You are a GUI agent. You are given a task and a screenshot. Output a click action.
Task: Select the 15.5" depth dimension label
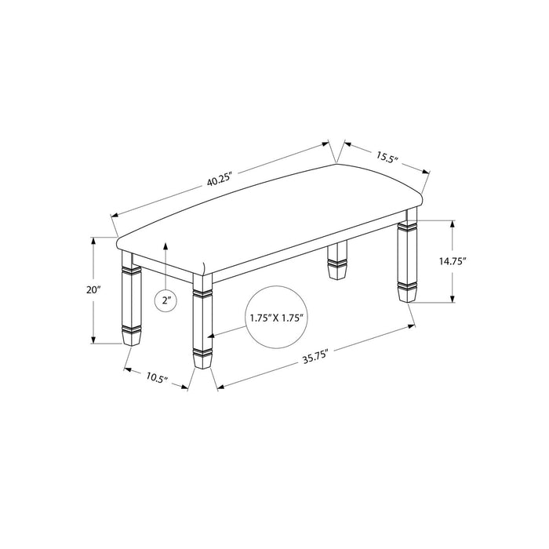click(x=387, y=158)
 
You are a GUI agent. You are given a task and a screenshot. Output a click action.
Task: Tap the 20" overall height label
click(x=94, y=289)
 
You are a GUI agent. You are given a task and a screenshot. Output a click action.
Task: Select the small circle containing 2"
click(x=165, y=299)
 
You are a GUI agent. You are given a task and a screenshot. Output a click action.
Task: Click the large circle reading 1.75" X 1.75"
click(x=277, y=318)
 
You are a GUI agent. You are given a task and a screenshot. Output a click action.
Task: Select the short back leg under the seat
click(x=337, y=261)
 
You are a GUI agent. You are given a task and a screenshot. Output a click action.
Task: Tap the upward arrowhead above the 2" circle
click(x=165, y=245)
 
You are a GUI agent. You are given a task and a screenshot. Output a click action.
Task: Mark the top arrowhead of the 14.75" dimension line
click(x=452, y=223)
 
